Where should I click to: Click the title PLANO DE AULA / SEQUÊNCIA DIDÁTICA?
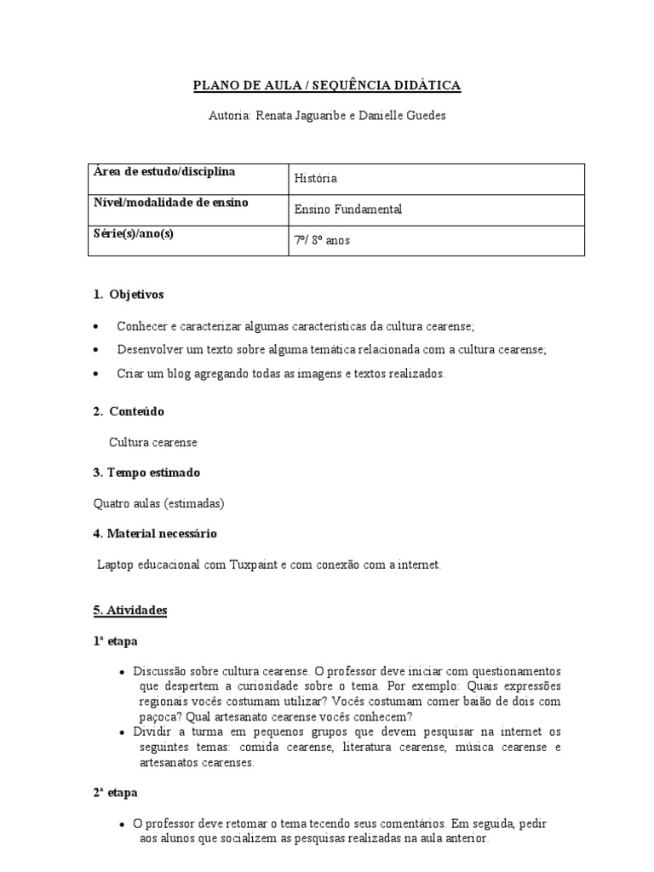pos(327,85)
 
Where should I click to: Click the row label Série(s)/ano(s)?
pos(134,233)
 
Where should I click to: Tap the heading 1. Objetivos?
pos(129,295)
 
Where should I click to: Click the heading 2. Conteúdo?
pos(129,411)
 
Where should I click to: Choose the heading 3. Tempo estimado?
pos(146,473)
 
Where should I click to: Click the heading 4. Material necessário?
pos(155,534)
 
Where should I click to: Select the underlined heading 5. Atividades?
pos(130,611)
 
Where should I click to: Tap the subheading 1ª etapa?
pos(115,641)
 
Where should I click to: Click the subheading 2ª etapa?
pos(115,793)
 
